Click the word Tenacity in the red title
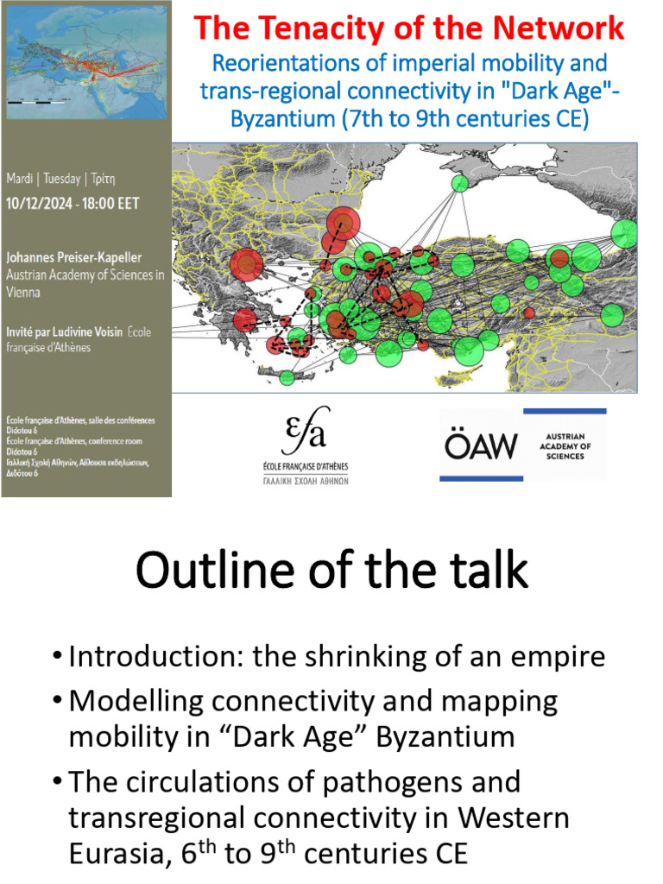click(332, 28)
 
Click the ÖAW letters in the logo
click(481, 445)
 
